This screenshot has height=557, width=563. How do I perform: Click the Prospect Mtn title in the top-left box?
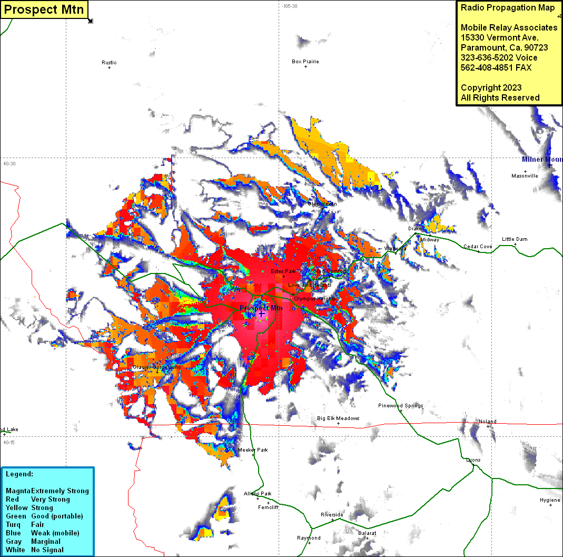point(44,9)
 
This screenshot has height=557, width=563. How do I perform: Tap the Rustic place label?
point(109,63)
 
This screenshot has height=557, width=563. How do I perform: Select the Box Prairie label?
point(305,62)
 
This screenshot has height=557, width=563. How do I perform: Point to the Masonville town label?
point(525,176)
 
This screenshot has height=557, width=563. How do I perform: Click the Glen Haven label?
point(322,204)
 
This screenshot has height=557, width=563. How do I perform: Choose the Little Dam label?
point(515,239)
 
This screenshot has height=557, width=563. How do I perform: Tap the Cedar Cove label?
point(478,247)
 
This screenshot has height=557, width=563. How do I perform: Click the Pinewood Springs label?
point(400,406)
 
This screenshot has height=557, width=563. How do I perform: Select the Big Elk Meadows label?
point(338,418)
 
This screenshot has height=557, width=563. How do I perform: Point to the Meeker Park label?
point(253,450)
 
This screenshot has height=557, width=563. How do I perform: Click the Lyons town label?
point(473,460)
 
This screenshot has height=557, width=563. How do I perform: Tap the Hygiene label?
point(550,500)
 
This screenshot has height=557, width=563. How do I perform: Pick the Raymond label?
point(309,538)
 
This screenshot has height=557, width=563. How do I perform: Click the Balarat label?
point(367,533)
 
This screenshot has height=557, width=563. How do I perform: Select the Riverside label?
point(332,515)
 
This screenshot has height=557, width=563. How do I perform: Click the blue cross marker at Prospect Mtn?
point(261,314)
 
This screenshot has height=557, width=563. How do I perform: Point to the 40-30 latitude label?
point(9,164)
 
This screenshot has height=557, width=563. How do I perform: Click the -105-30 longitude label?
point(289,6)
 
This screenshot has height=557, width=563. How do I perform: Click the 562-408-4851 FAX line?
point(496,67)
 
